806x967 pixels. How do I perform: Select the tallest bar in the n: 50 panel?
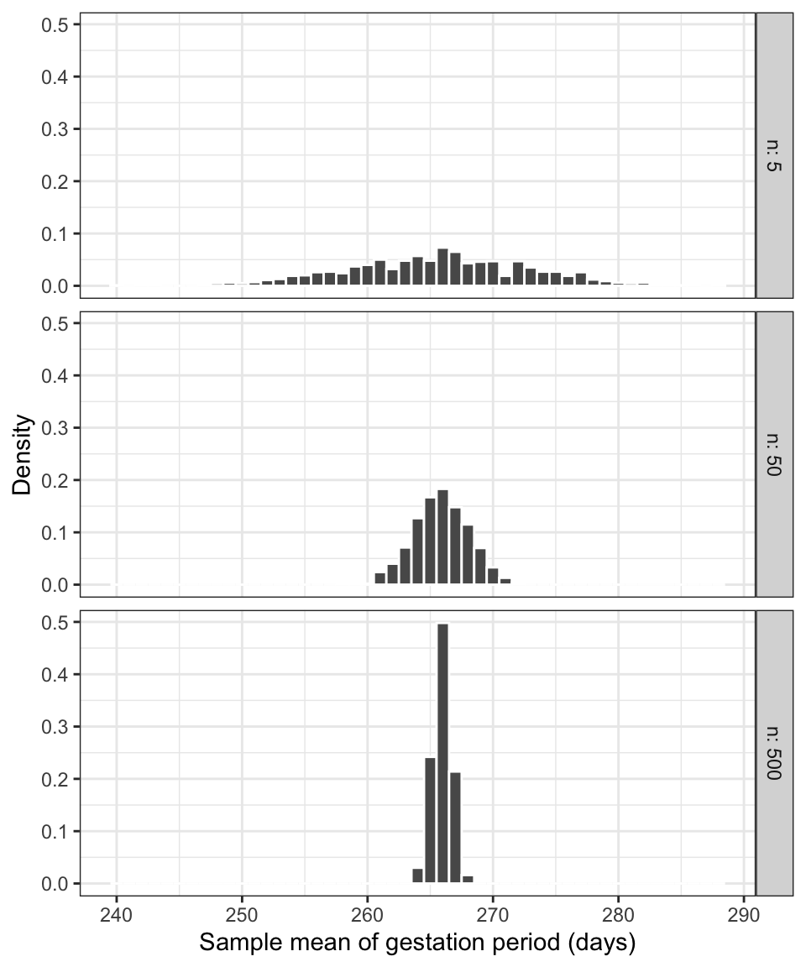click(442, 537)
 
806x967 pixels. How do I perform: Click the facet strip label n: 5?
click(774, 155)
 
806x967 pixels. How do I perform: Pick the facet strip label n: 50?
click(774, 454)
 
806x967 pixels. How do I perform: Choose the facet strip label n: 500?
click(774, 753)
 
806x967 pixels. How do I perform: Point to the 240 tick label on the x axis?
click(116, 915)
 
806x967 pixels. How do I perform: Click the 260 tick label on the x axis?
click(367, 915)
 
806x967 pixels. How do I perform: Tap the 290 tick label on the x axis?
click(743, 915)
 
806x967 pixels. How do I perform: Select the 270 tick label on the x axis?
click(492, 915)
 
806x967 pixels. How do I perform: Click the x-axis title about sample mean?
click(417, 943)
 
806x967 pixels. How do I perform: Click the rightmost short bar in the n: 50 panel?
click(505, 581)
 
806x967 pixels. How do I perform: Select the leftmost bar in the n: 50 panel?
click(379, 578)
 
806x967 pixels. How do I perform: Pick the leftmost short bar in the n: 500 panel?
click(417, 876)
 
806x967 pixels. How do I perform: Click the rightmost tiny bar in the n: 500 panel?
click(468, 879)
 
